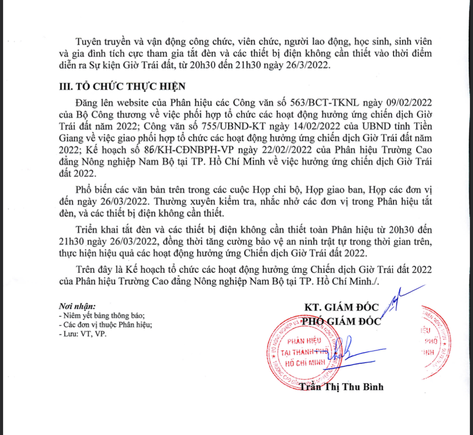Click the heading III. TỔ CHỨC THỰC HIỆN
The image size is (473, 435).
(122, 86)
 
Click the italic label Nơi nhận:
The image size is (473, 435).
(77, 306)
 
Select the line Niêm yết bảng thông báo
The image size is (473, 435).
(102, 316)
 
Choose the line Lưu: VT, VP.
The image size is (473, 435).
(83, 334)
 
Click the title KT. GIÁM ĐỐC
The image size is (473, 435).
(341, 307)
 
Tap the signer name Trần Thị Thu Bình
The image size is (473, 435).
(341, 387)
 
